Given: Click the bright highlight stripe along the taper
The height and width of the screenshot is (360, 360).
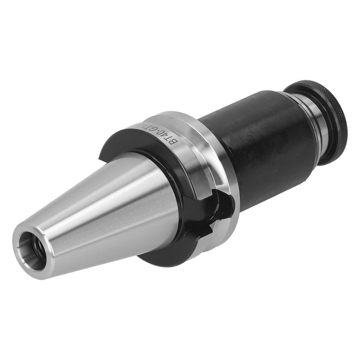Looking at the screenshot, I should click(105, 207).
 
